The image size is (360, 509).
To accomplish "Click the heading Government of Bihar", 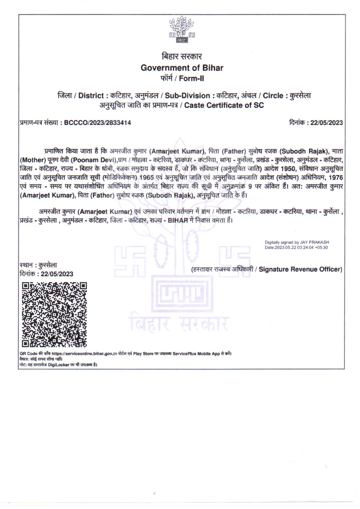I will tap(182, 68).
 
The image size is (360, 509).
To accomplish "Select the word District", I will tap(91, 96).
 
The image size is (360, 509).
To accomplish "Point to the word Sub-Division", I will tap(187, 96).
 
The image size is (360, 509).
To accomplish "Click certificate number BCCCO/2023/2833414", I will tap(97, 123).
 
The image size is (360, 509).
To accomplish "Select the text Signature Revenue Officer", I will tap(300, 269).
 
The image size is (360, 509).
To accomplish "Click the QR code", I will tap(54, 314).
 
